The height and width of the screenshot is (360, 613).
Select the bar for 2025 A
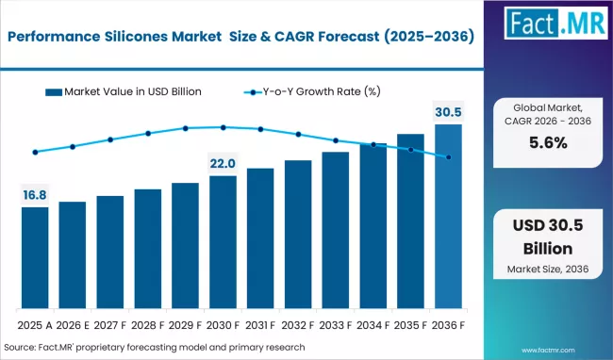35,259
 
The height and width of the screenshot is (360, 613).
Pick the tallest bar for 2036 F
448,217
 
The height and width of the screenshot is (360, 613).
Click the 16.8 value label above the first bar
35,195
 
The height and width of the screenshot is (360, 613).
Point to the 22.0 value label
223,164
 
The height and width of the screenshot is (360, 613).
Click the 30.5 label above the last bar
448,111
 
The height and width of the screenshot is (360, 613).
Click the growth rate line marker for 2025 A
35,152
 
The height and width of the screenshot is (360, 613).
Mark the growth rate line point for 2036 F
448,157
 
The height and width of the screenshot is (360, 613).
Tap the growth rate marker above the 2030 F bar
223,127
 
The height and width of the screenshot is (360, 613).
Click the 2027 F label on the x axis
110,325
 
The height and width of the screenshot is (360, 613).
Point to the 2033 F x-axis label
335,325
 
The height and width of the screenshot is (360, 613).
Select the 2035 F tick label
410,325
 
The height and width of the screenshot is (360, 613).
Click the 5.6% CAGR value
547,143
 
